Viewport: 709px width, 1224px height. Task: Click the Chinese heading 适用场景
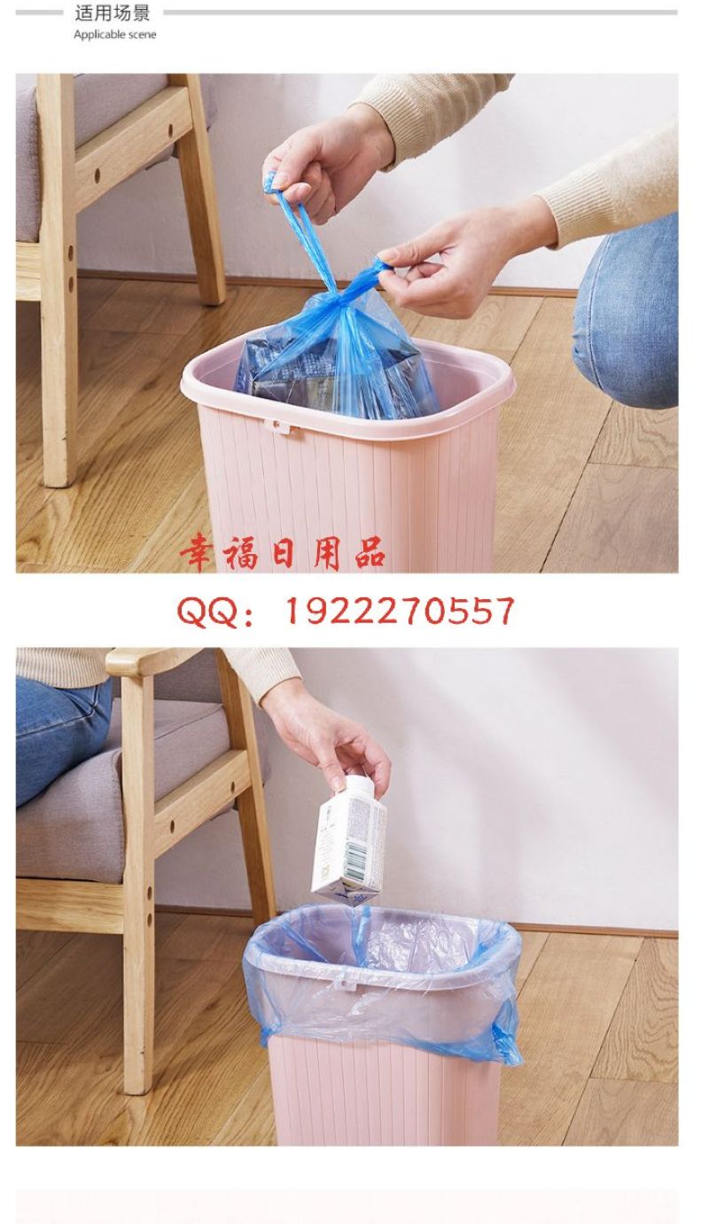[x=113, y=13]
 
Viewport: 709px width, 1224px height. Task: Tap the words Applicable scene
[x=114, y=35]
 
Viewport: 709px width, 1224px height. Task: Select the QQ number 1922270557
[x=400, y=611]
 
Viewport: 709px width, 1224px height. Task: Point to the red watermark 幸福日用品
[x=283, y=554]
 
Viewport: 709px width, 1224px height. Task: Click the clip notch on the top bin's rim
[x=281, y=426]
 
